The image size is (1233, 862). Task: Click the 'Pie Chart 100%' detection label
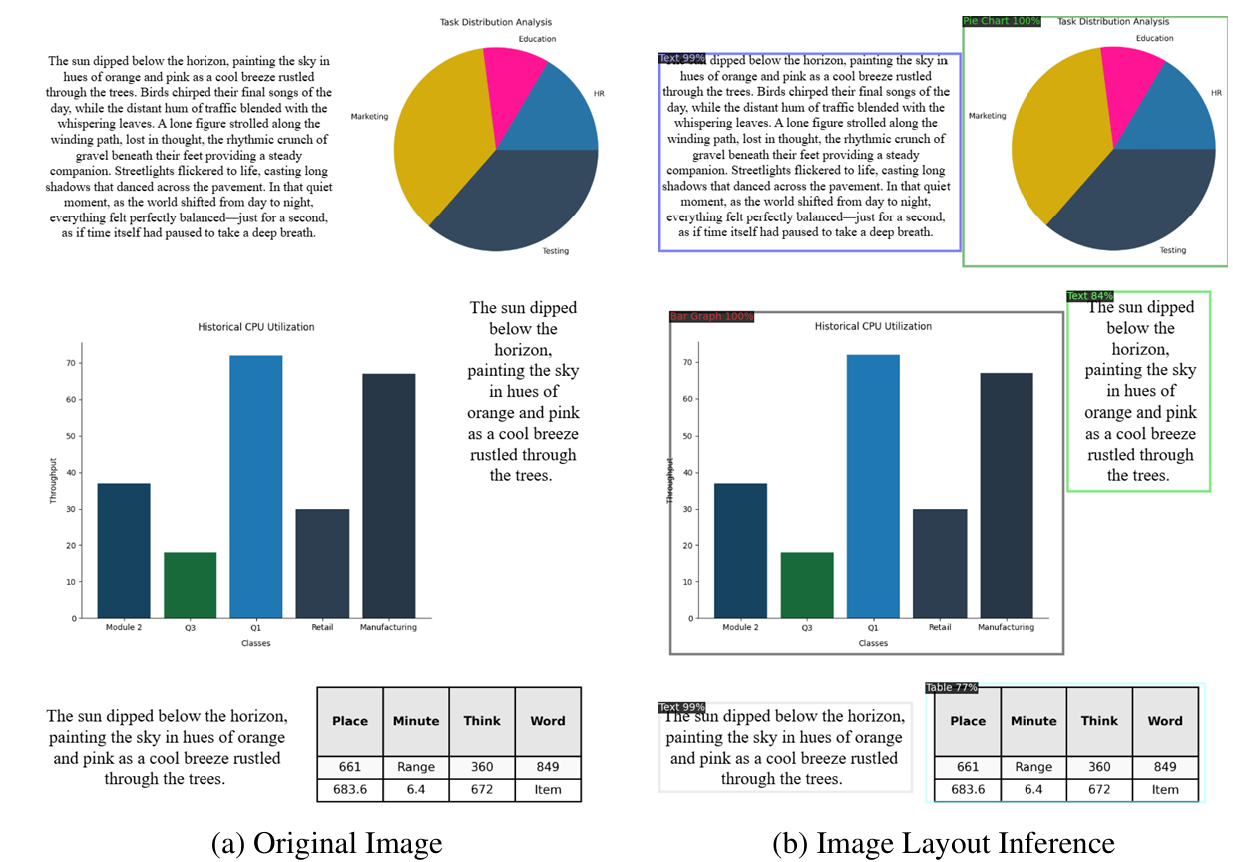point(1002,21)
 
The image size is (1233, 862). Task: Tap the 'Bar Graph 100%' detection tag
point(711,317)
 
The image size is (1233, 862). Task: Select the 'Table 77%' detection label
point(951,688)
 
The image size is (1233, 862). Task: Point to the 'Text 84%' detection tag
point(1089,296)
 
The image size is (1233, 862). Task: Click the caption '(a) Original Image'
point(326,843)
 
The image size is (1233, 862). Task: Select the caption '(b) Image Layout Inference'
point(943,843)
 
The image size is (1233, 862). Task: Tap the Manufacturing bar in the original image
point(388,495)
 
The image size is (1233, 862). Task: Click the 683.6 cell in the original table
point(349,789)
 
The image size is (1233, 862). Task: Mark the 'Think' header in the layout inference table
point(1099,721)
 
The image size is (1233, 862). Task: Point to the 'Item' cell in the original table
point(548,789)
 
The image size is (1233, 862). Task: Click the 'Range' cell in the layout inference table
point(1033,767)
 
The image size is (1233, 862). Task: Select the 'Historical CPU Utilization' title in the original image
point(255,327)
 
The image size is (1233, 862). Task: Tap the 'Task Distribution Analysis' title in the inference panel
point(1112,21)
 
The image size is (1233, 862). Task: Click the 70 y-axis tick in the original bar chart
point(72,363)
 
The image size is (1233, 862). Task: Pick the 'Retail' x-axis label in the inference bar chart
point(940,627)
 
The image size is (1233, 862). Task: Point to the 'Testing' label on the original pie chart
point(555,251)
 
